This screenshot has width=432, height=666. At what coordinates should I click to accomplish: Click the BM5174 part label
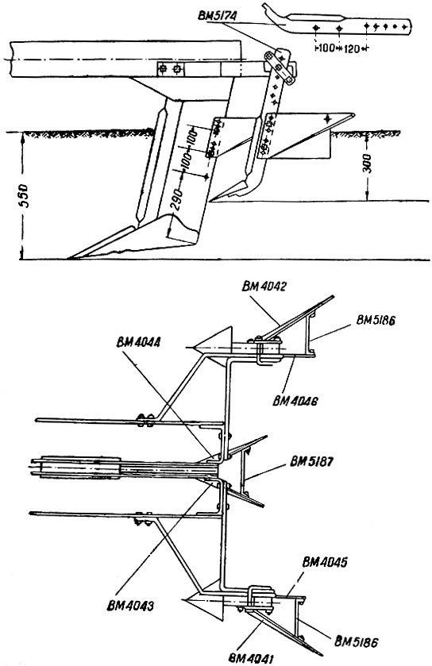tap(217, 17)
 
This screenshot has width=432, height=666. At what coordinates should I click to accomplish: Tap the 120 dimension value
tap(351, 49)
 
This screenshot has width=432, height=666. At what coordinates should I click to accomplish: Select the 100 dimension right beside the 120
tap(326, 48)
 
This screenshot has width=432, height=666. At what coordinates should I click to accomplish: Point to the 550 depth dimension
tap(25, 196)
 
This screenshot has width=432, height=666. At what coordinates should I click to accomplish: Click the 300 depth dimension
tap(368, 164)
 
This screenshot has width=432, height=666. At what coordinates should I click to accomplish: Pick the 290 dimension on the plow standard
tap(179, 199)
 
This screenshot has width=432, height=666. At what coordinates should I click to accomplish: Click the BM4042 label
tap(264, 287)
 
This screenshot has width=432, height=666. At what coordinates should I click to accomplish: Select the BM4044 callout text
tap(137, 343)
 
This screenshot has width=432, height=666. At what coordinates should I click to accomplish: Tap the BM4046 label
tap(295, 401)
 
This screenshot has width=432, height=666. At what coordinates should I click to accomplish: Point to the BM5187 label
tap(311, 462)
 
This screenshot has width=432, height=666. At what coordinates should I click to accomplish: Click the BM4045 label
tap(325, 562)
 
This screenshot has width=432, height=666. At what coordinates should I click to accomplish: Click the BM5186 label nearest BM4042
tap(376, 321)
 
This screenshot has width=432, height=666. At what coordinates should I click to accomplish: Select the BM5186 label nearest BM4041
tap(356, 641)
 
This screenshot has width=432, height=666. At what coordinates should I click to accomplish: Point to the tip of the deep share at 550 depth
tap(70, 258)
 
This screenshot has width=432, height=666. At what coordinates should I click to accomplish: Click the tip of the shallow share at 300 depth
tap(211, 200)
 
